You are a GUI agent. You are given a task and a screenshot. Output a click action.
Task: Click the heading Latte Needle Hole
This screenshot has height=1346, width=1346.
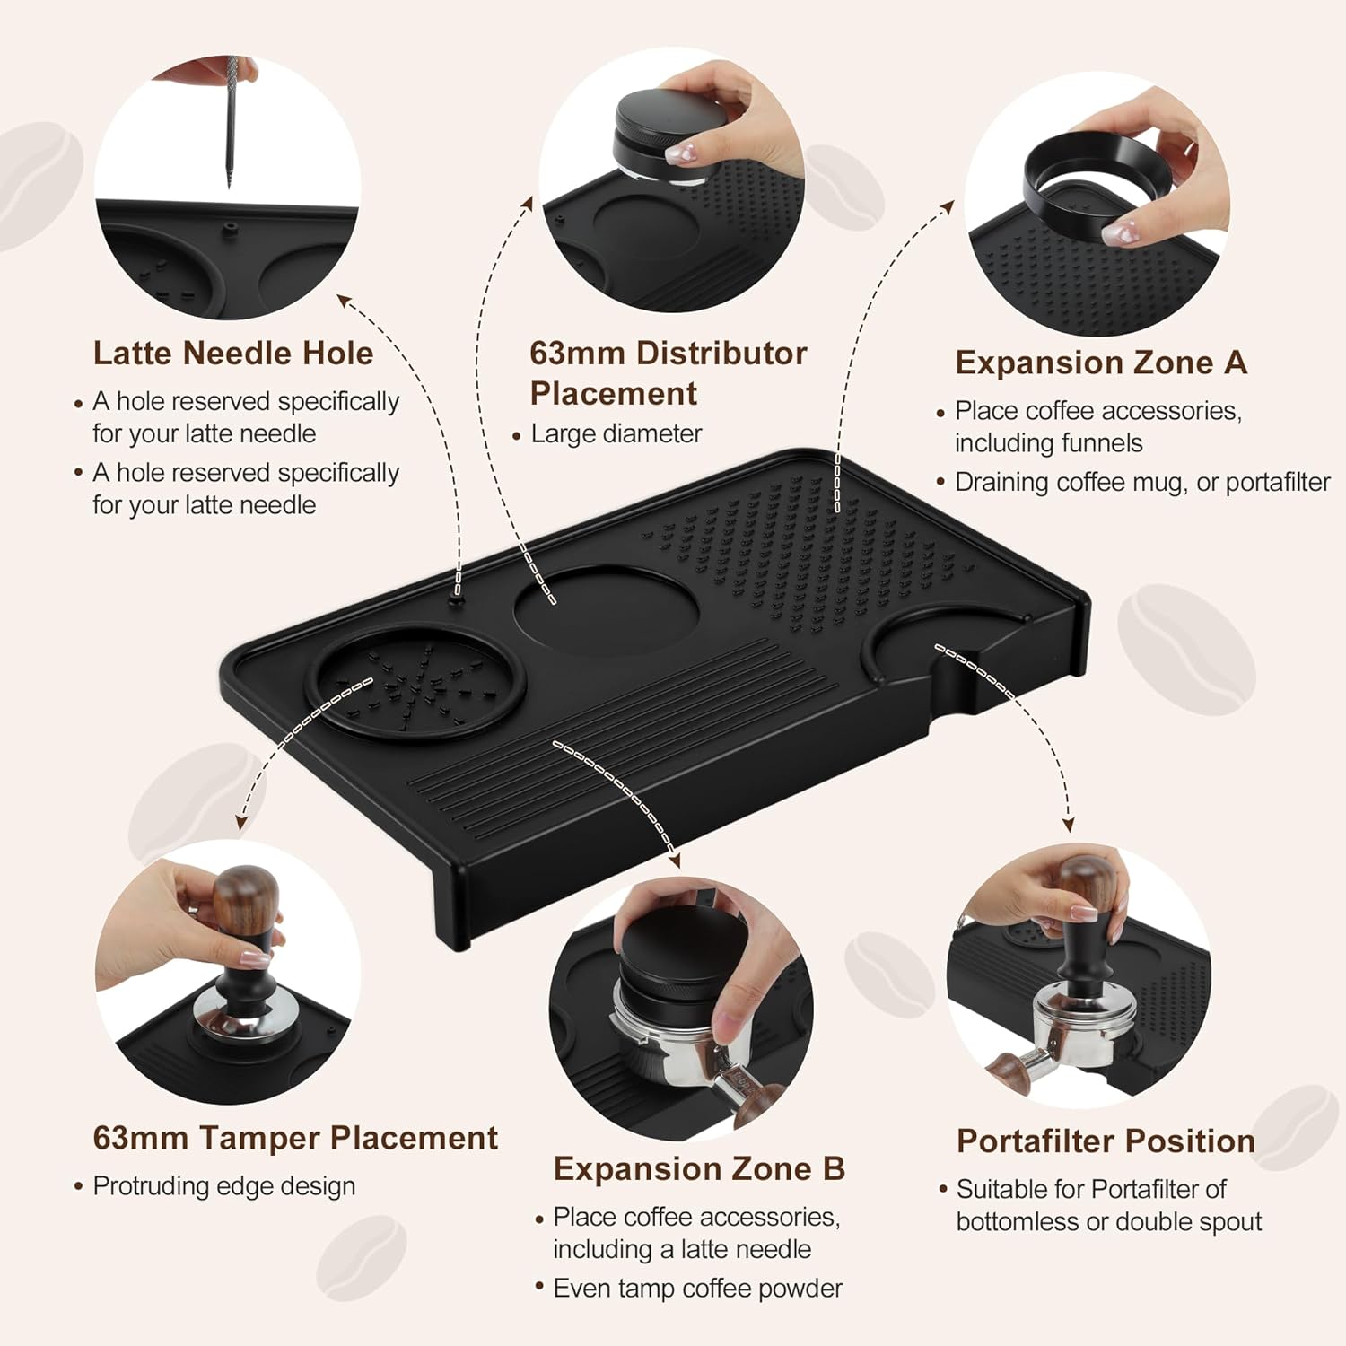click(232, 353)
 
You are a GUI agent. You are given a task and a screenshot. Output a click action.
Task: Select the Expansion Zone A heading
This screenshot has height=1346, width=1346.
click(1101, 363)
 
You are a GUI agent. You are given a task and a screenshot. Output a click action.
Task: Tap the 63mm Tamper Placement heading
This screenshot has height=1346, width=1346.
click(294, 1138)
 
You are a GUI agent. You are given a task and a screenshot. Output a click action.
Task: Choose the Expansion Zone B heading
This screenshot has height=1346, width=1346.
click(699, 1168)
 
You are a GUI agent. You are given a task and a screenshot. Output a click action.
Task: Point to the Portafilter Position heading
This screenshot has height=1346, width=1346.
click(1106, 1141)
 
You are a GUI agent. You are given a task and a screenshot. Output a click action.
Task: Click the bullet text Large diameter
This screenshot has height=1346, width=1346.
click(616, 433)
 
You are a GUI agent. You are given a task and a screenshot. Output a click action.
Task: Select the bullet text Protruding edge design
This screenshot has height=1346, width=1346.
click(223, 1186)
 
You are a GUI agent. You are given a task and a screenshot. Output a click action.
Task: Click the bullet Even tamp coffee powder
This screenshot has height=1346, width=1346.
click(697, 1289)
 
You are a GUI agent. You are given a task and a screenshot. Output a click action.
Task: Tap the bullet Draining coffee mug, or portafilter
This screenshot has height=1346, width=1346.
click(1141, 482)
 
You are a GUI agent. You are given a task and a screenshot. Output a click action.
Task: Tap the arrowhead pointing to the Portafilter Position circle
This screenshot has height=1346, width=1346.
click(1068, 824)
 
